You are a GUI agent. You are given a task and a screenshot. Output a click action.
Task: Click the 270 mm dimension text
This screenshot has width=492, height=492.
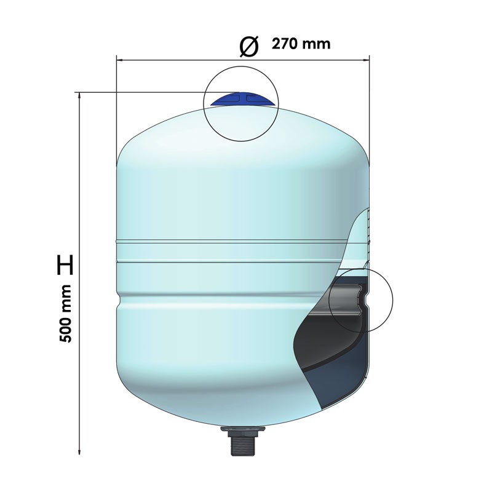pyautogui.click(x=301, y=44)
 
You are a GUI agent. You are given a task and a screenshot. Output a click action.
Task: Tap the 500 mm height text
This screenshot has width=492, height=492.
pyautogui.click(x=66, y=314)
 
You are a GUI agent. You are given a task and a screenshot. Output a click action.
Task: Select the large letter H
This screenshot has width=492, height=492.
pyautogui.click(x=65, y=265)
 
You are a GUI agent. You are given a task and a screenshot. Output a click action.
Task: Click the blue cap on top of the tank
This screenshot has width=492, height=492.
pyautogui.click(x=242, y=100)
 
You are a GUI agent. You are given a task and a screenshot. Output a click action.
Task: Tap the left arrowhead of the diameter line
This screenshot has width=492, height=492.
pyautogui.click(x=119, y=60)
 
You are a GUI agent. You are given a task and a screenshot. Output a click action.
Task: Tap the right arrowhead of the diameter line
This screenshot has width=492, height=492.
pyautogui.click(x=367, y=60)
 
